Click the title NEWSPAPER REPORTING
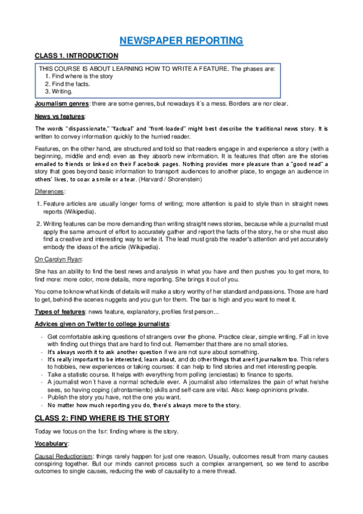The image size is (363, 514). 181,41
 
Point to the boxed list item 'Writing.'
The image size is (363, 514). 62,92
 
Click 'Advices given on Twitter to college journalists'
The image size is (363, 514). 102,324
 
